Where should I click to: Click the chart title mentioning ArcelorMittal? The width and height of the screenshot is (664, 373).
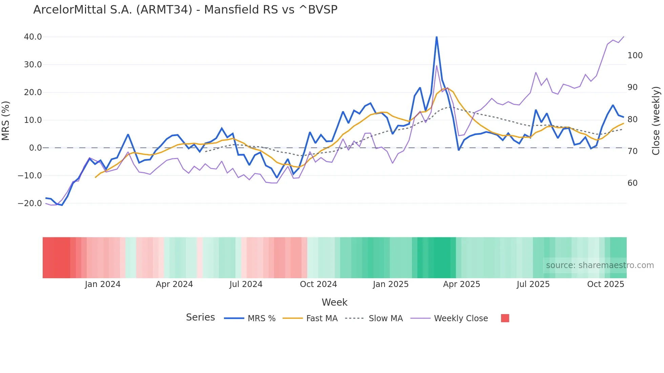tap(185, 10)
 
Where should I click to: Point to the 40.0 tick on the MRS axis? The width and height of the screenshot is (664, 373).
tap(33, 37)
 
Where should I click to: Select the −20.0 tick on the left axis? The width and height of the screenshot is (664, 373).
tap(30, 203)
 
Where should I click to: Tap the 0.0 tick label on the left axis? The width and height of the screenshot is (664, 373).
tap(35, 148)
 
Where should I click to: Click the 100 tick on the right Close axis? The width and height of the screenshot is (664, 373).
tap(635, 56)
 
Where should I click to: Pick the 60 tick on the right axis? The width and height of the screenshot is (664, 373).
tap(632, 183)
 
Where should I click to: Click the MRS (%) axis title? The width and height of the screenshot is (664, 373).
tap(6, 120)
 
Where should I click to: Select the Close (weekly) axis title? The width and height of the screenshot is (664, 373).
tap(656, 120)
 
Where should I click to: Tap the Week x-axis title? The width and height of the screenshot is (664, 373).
tap(334, 302)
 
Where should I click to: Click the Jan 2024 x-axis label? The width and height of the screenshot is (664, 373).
tap(103, 284)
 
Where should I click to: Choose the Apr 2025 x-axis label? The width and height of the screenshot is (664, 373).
tap(461, 284)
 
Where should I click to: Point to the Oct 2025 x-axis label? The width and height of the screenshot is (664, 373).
tap(605, 284)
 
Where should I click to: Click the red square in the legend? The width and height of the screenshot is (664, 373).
tap(505, 318)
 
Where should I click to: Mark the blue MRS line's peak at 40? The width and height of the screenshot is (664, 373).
tap(436, 37)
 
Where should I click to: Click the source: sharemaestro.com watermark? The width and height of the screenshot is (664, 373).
tap(600, 265)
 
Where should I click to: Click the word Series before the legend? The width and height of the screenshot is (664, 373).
tap(200, 317)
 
